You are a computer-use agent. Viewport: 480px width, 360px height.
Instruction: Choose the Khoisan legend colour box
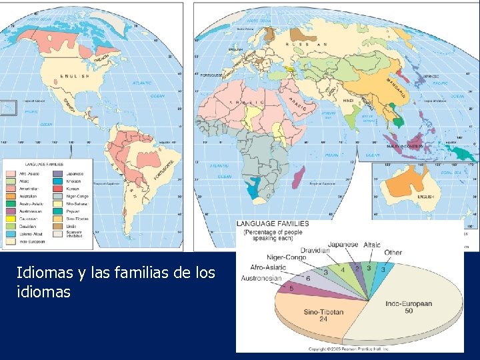57,181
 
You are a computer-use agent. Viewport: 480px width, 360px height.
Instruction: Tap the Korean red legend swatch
57,189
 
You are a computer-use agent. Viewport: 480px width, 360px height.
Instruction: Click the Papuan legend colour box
57,211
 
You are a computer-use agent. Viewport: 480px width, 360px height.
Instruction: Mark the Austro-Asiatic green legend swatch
10,203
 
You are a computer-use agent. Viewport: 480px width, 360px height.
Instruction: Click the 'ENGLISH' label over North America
75,77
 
